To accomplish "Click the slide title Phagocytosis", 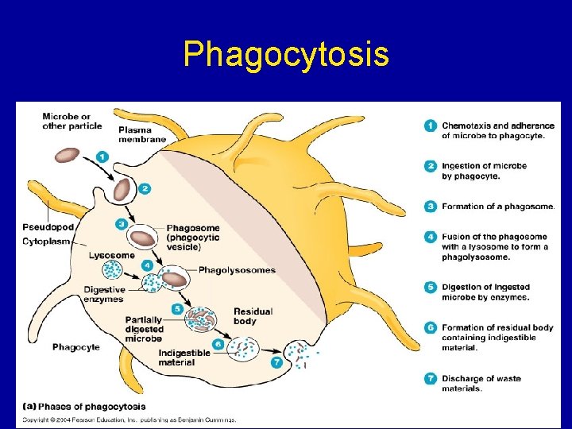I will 286,55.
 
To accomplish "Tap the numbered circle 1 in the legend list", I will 430,126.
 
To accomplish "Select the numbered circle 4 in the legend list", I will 430,237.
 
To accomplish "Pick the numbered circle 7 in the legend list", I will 430,378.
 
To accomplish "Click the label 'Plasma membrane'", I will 141,134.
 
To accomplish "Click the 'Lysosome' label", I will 111,255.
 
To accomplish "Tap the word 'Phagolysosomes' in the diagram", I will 237,270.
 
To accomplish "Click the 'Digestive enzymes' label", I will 104,295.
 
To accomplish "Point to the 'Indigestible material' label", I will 184,358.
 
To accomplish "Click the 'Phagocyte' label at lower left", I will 76,347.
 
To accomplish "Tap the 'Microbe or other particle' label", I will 71,121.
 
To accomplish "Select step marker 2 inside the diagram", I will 144,188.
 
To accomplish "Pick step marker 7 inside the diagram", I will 276,362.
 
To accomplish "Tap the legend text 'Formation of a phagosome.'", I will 498,207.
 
